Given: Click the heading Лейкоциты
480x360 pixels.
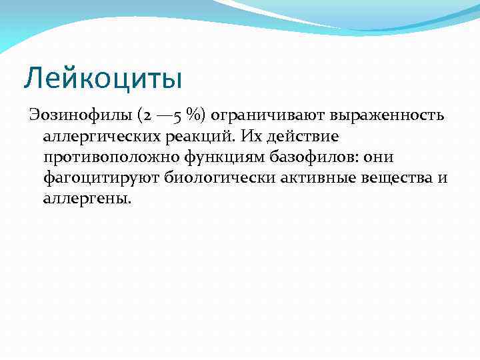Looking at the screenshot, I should click(103, 77).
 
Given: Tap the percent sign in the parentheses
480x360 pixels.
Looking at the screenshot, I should click(195, 115).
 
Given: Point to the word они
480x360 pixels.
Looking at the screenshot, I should click(380, 157).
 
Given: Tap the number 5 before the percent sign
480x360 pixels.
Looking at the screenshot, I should click(176, 116).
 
